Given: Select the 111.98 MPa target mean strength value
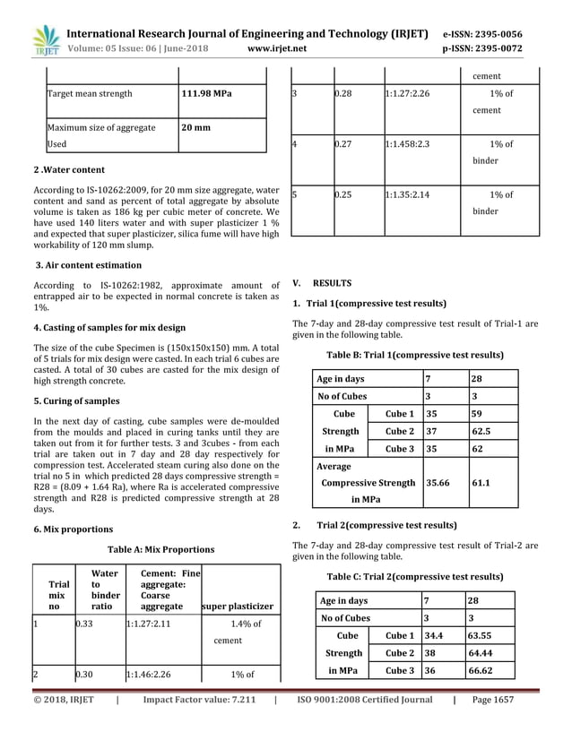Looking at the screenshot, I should pos(206,93).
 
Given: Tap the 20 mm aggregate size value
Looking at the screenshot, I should pos(196,127).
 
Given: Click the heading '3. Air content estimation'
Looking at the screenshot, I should pos(88,265).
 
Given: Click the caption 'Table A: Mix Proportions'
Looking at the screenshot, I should pos(160,549).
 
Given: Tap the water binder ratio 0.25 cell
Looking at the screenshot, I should pos(344,194).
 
